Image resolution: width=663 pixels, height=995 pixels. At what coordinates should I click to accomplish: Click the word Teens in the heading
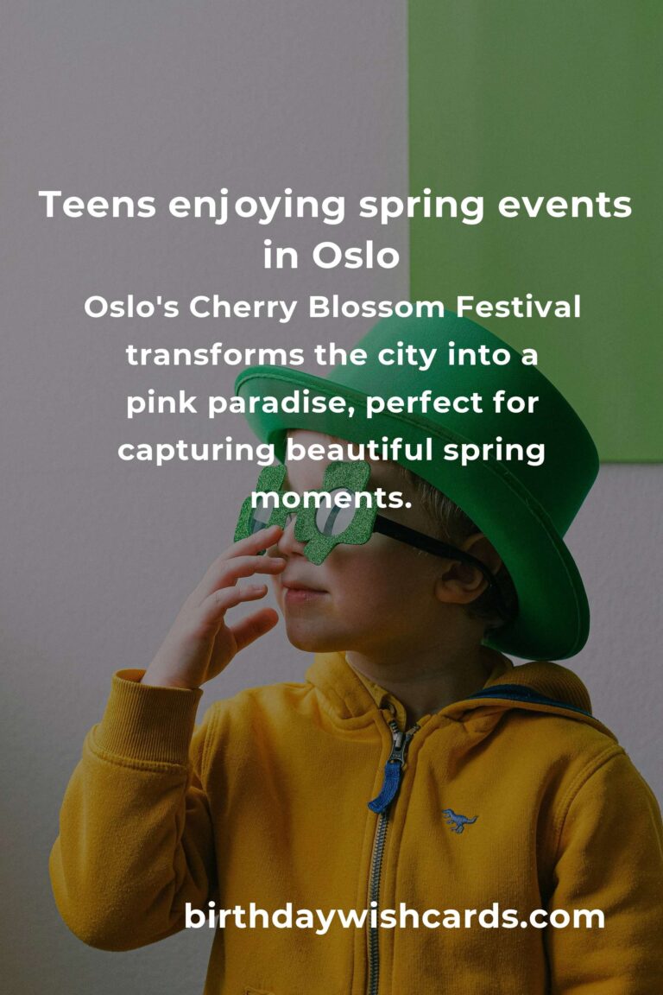click(98, 206)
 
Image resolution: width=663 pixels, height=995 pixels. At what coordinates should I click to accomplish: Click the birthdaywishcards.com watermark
click(394, 917)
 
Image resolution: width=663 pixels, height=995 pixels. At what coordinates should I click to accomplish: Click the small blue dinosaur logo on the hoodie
click(459, 818)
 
